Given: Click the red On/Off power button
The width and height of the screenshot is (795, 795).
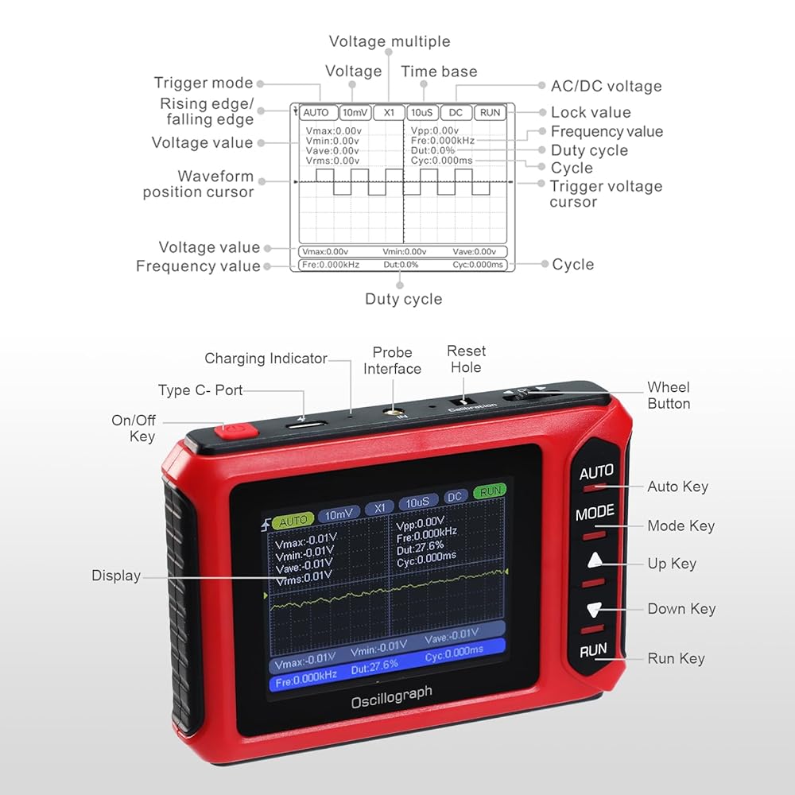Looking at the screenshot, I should [x=233, y=431].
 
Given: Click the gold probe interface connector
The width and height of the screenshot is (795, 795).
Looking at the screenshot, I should [x=392, y=413].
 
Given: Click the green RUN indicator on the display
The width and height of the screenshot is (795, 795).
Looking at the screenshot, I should [x=490, y=492].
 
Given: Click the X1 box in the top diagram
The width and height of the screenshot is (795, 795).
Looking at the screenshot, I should [x=389, y=113].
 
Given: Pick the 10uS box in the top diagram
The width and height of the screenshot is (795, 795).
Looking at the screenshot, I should [x=421, y=113].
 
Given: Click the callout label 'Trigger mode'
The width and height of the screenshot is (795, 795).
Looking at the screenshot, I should [x=204, y=83].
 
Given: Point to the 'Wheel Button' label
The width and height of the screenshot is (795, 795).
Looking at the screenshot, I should [x=669, y=395].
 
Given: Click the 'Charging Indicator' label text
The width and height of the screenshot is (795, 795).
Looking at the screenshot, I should [x=266, y=359].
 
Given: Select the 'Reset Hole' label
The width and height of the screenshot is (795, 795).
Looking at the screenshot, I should [x=466, y=359].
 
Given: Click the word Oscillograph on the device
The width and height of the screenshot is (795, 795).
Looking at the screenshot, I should [x=392, y=697].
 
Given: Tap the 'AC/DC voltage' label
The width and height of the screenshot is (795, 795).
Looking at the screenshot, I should [x=606, y=86].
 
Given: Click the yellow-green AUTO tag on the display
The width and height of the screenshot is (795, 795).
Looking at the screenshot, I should [x=293, y=521].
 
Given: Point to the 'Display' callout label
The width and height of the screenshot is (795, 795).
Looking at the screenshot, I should [x=116, y=576].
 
